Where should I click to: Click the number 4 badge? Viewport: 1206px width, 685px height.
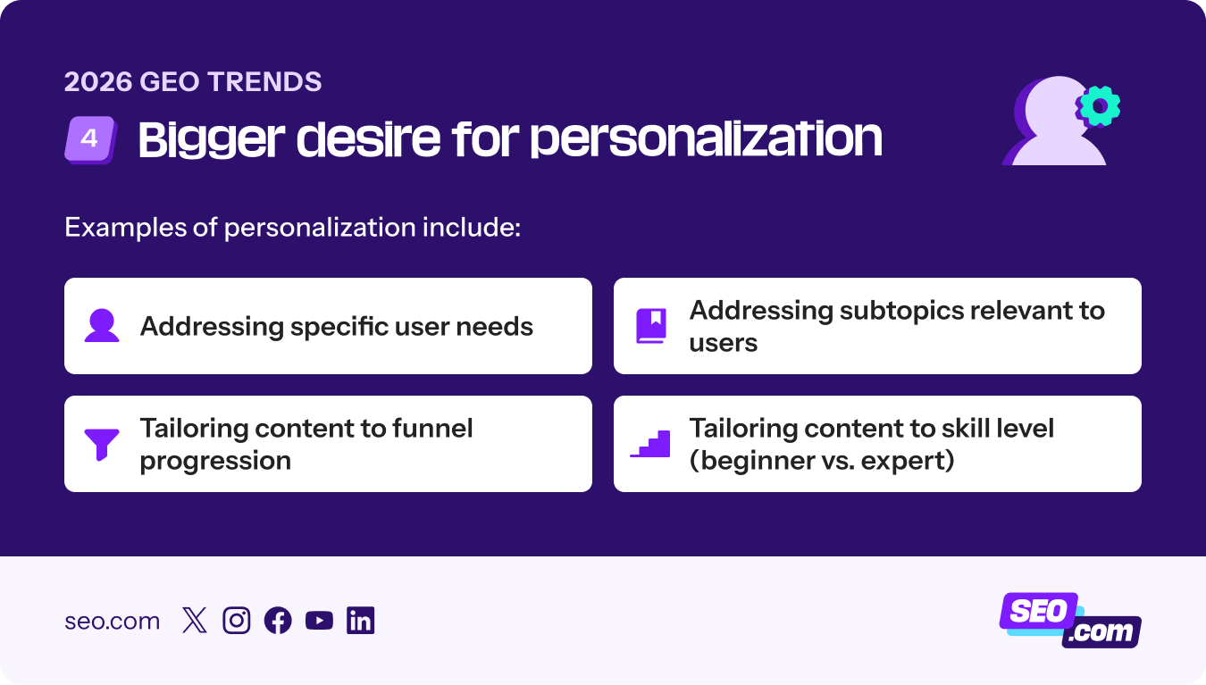[x=90, y=140]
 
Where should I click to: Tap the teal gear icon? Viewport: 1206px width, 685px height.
[x=1098, y=107]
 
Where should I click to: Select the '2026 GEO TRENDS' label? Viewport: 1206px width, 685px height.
[x=193, y=82]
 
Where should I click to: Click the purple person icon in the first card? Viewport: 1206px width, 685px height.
[x=102, y=326]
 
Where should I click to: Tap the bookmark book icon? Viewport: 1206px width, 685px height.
[x=651, y=326]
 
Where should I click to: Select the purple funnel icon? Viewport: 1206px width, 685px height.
[x=102, y=444]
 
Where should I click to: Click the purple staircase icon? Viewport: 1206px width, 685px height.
[x=650, y=444]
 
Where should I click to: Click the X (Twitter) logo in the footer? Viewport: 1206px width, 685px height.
[x=194, y=621]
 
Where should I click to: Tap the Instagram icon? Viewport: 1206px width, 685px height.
[x=236, y=621]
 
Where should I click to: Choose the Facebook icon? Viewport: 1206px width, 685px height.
[x=278, y=621]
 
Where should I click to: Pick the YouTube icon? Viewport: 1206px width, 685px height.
[x=319, y=621]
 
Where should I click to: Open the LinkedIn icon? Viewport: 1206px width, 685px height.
[x=361, y=621]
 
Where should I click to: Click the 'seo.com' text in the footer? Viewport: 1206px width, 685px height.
[x=112, y=621]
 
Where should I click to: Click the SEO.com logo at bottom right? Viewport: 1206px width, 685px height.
[x=1069, y=620]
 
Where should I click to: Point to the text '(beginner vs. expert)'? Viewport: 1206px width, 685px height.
[x=822, y=461]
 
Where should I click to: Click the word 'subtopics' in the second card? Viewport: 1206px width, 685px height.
[x=904, y=310]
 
